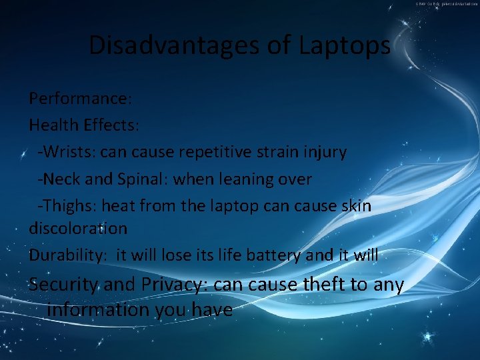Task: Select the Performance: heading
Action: click(x=81, y=99)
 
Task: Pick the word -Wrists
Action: click(x=66, y=152)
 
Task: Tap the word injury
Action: click(x=324, y=152)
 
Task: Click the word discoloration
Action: click(x=78, y=228)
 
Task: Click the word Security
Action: click(x=64, y=285)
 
